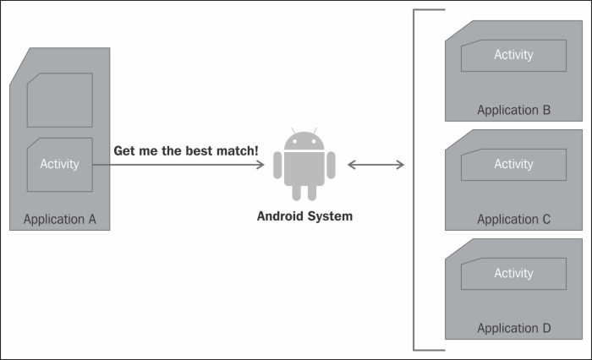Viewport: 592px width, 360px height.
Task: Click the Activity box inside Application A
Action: (x=59, y=163)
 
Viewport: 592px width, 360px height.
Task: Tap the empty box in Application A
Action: (x=59, y=100)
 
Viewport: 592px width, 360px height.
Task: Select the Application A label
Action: (x=59, y=220)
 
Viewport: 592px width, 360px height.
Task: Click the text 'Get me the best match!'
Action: (x=186, y=150)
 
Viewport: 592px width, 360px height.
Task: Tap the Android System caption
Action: (x=304, y=216)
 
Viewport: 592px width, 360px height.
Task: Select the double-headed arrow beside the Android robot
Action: (x=375, y=164)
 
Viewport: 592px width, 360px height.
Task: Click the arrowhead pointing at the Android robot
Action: (x=261, y=164)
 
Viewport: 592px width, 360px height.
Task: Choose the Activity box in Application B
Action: (x=513, y=55)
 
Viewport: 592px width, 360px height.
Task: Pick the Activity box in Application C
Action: (x=513, y=164)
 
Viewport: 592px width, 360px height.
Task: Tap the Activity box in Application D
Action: (x=513, y=273)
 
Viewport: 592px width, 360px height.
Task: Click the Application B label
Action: (x=513, y=110)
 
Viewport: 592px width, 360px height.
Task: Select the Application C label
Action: (x=513, y=220)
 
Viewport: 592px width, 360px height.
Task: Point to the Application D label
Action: (x=513, y=328)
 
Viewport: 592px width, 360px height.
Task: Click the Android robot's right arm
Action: (x=331, y=164)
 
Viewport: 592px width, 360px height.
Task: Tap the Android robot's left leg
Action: (x=297, y=193)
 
